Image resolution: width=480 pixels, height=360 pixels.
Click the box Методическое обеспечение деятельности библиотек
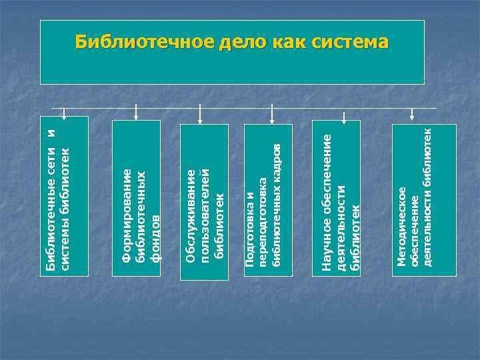(423, 200)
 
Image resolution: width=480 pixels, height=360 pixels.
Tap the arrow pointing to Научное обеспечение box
(343, 116)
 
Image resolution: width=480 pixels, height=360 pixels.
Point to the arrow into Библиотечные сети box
(64, 112)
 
